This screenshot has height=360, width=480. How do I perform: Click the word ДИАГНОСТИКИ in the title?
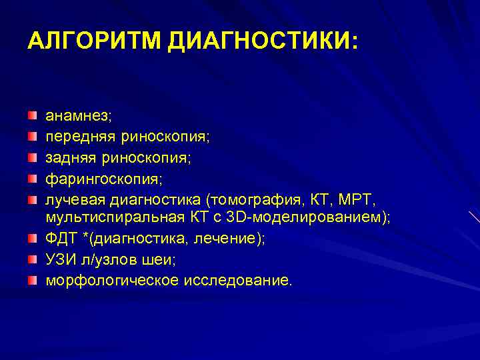coord(262,41)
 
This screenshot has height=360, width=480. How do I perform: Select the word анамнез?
coord(78,116)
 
